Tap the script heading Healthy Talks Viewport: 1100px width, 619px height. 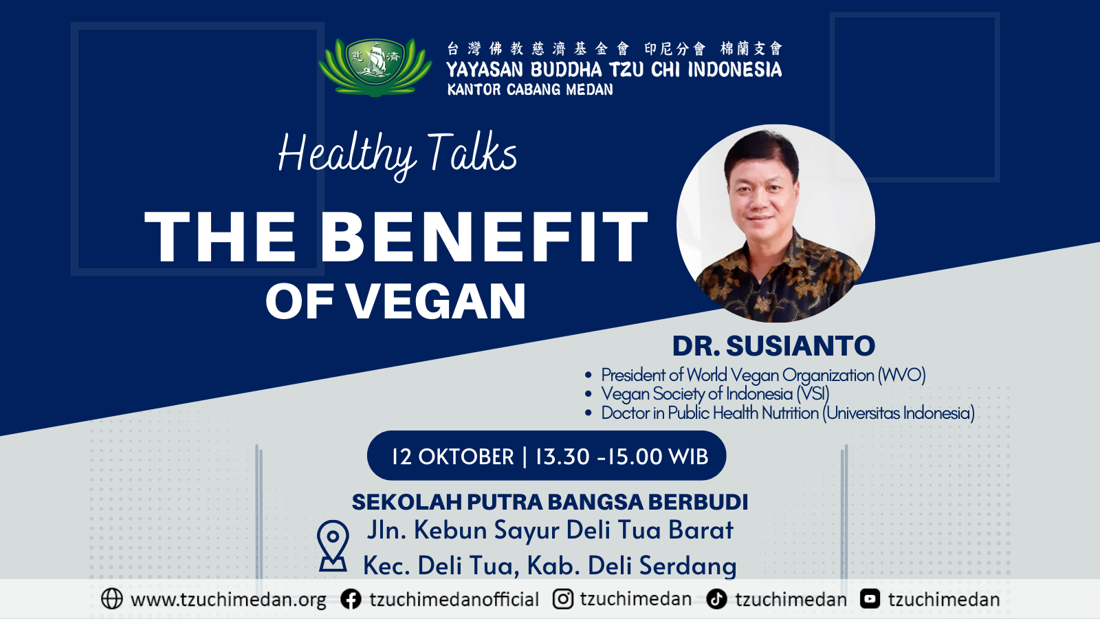pyautogui.click(x=397, y=154)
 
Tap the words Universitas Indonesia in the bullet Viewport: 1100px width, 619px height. pyautogui.click(x=899, y=413)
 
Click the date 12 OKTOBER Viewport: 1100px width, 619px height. pyautogui.click(x=452, y=457)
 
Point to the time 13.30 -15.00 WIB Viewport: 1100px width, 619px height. pyautogui.click(x=621, y=457)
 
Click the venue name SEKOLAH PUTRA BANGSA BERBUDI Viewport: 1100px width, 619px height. pyautogui.click(x=550, y=502)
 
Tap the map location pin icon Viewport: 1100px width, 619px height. pyautogui.click(x=333, y=545)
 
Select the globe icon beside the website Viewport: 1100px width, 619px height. pyautogui.click(x=111, y=599)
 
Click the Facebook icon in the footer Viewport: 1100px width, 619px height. pyautogui.click(x=351, y=600)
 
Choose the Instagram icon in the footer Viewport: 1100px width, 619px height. pyautogui.click(x=563, y=599)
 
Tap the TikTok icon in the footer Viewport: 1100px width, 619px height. pyautogui.click(x=717, y=599)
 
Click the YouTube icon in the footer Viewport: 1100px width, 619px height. pyautogui.click(x=870, y=599)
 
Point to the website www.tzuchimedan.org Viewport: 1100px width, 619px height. pyautogui.click(x=228, y=600)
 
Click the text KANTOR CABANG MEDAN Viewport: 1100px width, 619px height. pyautogui.click(x=530, y=89)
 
